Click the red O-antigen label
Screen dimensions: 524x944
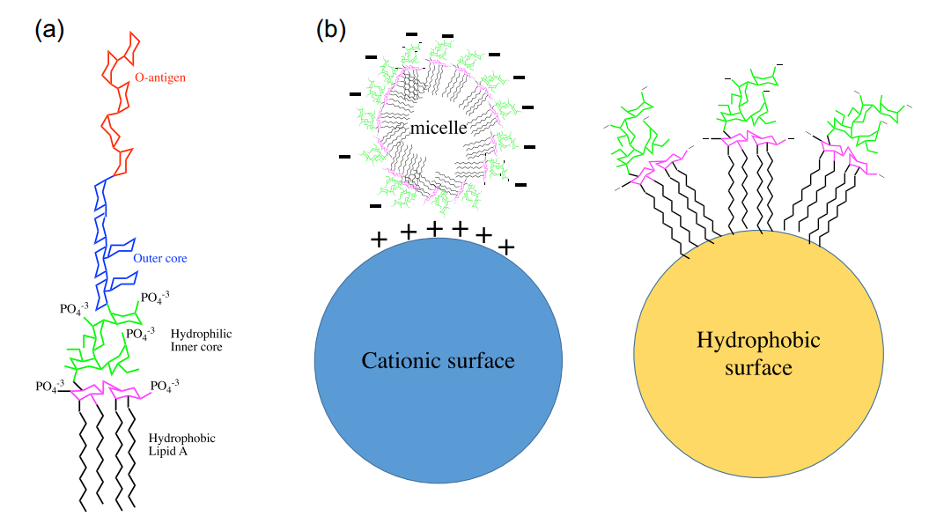click(160, 78)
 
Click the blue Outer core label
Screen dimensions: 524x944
click(160, 259)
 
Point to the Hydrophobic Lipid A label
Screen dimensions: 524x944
click(182, 445)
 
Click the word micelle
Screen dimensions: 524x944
click(437, 129)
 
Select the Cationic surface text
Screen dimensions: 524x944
click(438, 360)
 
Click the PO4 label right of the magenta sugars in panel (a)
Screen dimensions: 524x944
click(166, 386)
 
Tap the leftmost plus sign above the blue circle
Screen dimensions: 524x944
click(379, 239)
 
